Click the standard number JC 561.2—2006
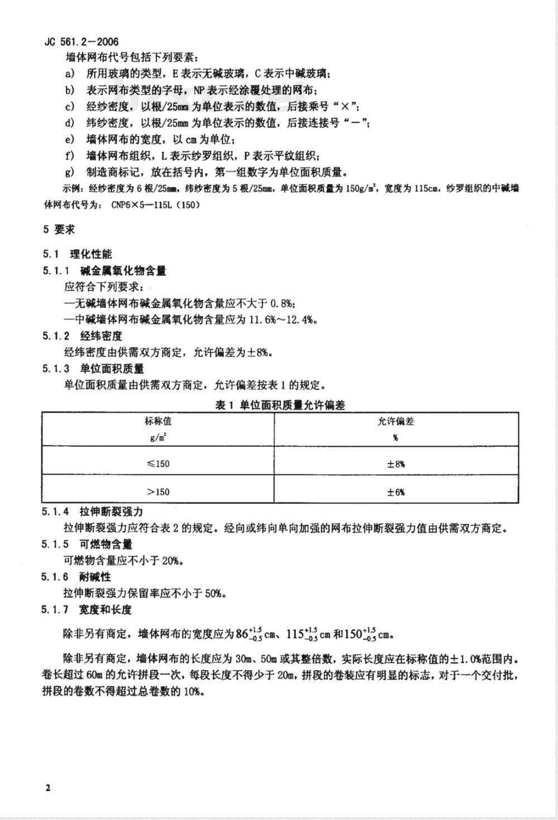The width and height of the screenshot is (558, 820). click(81, 41)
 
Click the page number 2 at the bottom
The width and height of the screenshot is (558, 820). click(48, 788)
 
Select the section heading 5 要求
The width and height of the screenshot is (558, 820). click(59, 230)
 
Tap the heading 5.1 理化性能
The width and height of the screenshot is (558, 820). click(78, 254)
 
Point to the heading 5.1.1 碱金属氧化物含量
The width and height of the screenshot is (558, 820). click(104, 271)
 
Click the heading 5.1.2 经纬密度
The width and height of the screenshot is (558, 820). click(82, 336)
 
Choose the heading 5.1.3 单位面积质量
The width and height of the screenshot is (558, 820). click(93, 369)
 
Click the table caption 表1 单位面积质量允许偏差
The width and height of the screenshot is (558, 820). click(280, 406)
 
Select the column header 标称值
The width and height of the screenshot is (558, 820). click(158, 422)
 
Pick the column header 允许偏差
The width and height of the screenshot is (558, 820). click(396, 422)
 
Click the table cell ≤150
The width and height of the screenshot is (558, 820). click(158, 464)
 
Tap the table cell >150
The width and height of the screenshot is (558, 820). click(158, 492)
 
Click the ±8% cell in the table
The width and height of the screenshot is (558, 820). click(396, 464)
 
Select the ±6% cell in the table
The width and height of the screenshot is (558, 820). click(396, 492)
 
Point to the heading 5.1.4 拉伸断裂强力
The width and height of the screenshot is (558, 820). click(93, 512)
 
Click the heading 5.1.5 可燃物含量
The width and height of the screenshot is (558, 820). click(87, 545)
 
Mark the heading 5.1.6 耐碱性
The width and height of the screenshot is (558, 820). click(76, 577)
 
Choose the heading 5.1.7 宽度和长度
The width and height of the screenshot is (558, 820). click(87, 609)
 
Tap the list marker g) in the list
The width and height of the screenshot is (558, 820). click(70, 172)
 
